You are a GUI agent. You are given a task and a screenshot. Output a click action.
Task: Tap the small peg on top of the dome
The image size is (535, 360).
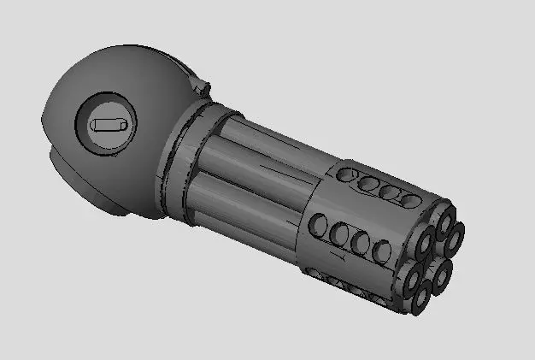202,85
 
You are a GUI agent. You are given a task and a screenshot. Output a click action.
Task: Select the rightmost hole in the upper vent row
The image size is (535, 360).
413,201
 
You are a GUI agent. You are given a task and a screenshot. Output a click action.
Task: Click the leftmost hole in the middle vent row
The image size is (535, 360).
318,225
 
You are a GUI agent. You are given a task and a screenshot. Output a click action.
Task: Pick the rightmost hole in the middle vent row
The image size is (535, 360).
382,251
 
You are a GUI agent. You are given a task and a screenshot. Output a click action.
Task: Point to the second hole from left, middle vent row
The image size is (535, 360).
339,233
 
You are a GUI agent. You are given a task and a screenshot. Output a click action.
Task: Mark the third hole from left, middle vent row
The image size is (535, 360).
361,243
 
